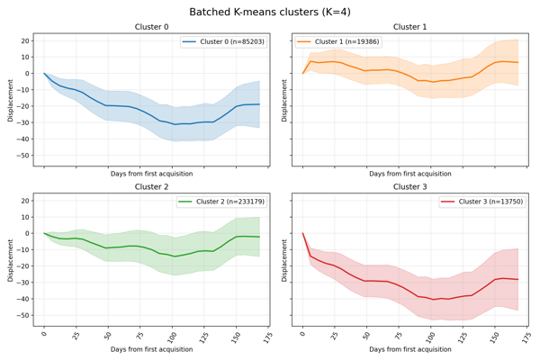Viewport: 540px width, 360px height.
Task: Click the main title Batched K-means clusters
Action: [270, 12]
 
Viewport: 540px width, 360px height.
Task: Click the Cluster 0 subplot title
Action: [151, 27]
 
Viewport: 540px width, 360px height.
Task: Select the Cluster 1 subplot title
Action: [410, 27]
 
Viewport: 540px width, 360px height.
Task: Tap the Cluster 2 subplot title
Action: [151, 187]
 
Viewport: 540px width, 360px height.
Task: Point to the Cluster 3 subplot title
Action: [410, 187]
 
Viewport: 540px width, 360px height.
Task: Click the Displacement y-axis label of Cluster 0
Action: [11, 99]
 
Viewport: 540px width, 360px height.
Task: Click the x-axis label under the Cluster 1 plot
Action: [410, 173]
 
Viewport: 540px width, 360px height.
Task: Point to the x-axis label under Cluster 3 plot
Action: [410, 348]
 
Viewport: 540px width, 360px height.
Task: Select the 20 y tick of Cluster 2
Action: [24, 201]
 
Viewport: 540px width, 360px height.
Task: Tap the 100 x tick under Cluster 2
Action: [173, 336]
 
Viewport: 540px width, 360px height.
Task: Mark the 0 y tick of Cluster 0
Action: [28, 74]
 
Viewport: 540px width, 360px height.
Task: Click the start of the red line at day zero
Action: [303, 234]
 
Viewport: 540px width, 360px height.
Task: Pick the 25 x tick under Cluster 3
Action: [334, 335]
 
